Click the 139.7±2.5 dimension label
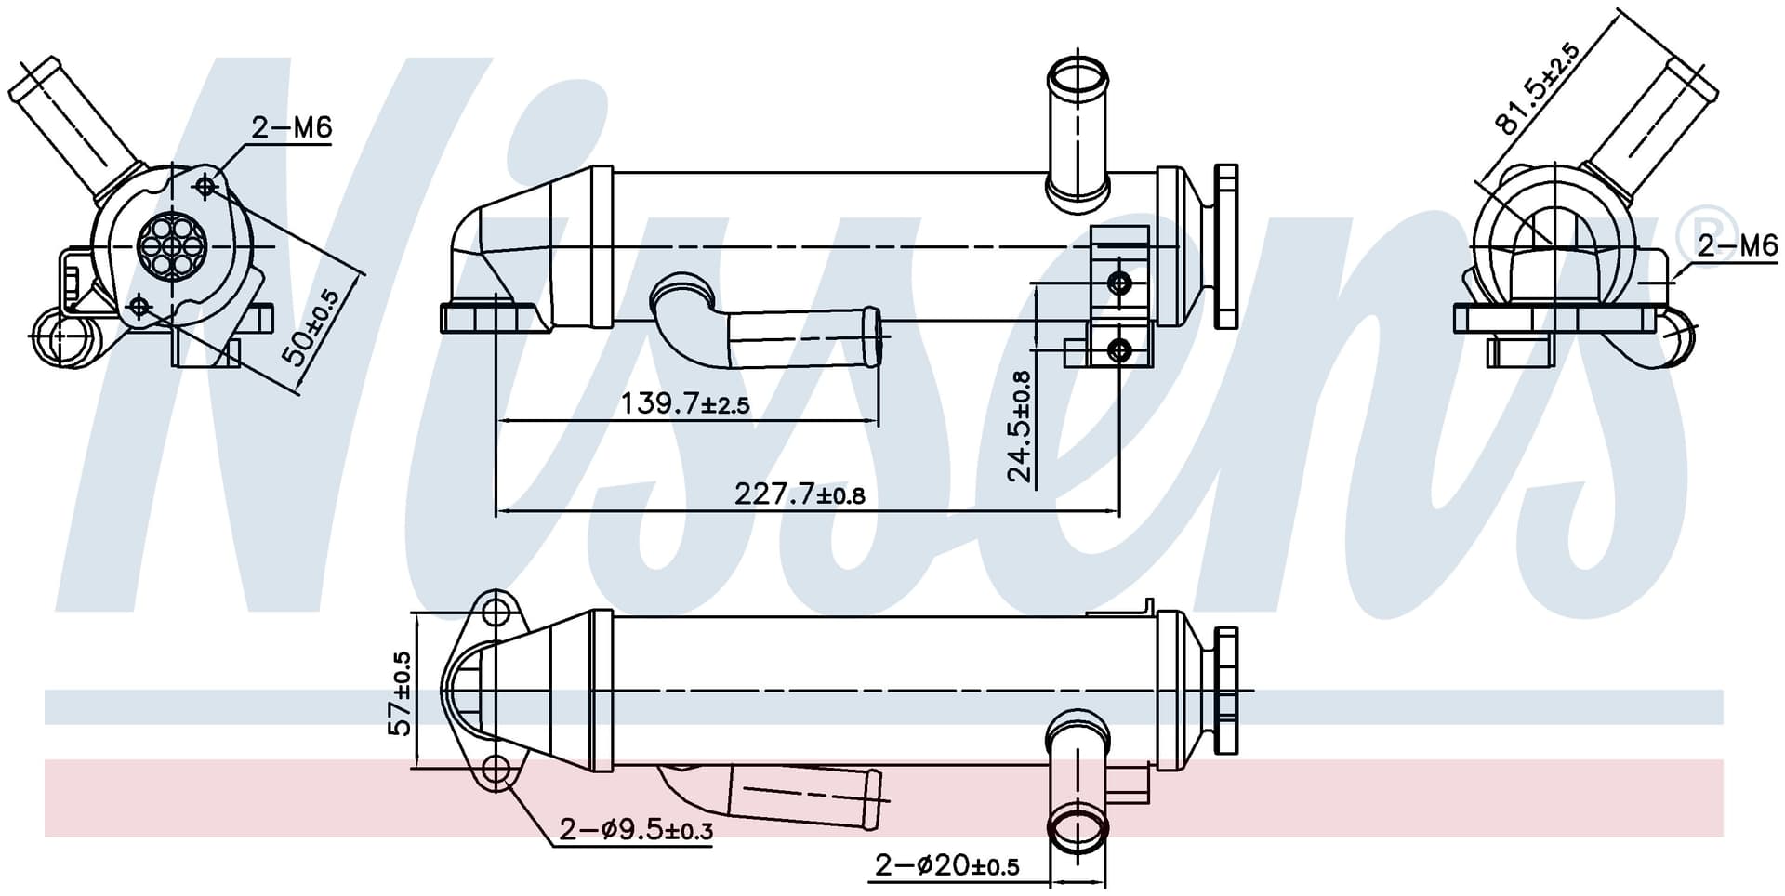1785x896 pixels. click(x=685, y=403)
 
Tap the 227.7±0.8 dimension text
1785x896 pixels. click(x=800, y=494)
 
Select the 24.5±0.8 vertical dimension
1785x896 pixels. click(x=1020, y=426)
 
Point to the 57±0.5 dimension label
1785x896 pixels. click(x=401, y=693)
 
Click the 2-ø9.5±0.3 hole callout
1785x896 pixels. click(x=636, y=829)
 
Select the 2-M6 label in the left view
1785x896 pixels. click(x=291, y=127)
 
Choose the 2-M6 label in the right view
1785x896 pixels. click(x=1737, y=246)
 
